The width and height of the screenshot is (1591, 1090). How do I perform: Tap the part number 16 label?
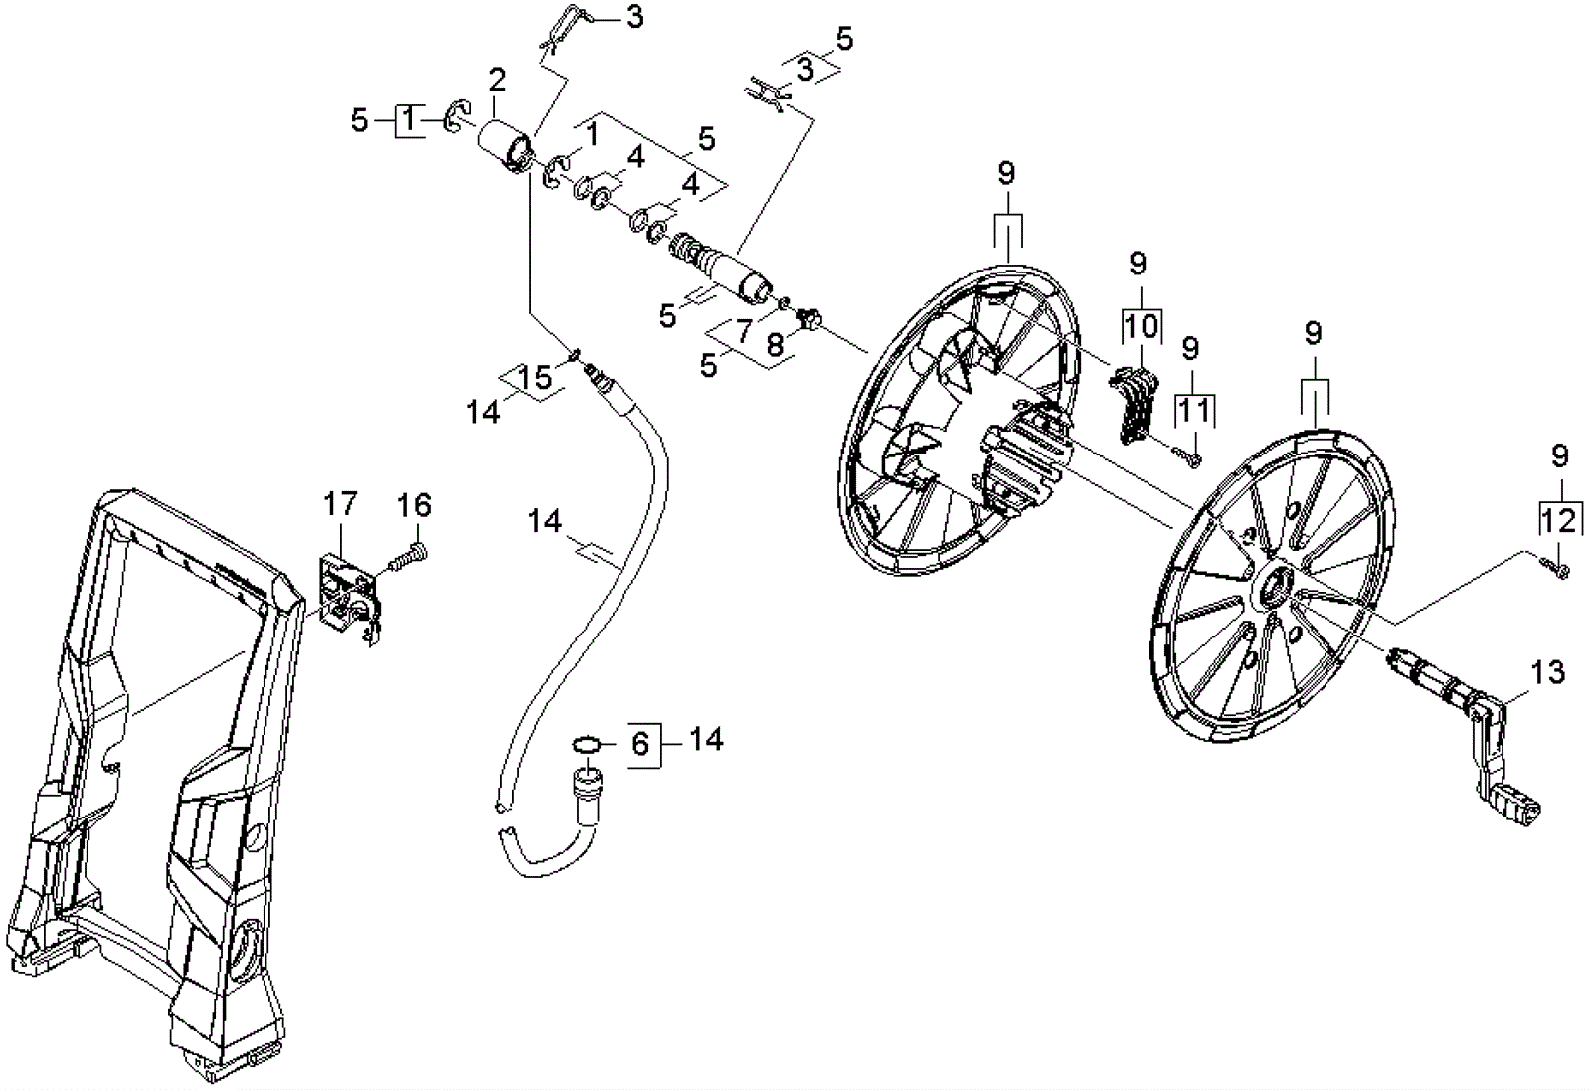pos(414,506)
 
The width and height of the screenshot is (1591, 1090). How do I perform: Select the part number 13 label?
pos(1548,672)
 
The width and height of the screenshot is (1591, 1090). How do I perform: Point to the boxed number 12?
pos(1559,520)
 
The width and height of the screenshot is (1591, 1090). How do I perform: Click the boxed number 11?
pos(1193,409)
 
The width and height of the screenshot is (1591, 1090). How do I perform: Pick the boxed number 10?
pos(1142,325)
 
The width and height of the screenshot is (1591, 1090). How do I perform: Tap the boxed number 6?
pos(640,742)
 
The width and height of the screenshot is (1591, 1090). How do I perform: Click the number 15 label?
pos(535,377)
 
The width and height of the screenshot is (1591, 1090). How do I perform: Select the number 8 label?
pos(775,344)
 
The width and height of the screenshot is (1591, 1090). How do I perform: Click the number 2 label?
pos(496,80)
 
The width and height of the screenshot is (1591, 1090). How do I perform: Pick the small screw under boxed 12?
pos(1556,568)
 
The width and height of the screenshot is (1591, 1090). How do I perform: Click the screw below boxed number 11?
pos(1188,457)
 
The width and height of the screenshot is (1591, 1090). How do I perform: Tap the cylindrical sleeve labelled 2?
pos(503,146)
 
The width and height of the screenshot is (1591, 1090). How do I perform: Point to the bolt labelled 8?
pos(808,319)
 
